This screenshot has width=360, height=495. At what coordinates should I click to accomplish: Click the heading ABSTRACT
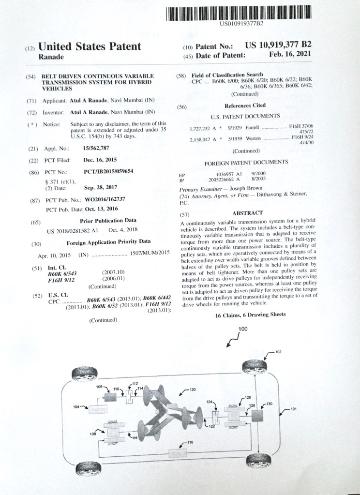point(247,213)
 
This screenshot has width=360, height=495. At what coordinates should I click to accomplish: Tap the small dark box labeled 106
point(111,397)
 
